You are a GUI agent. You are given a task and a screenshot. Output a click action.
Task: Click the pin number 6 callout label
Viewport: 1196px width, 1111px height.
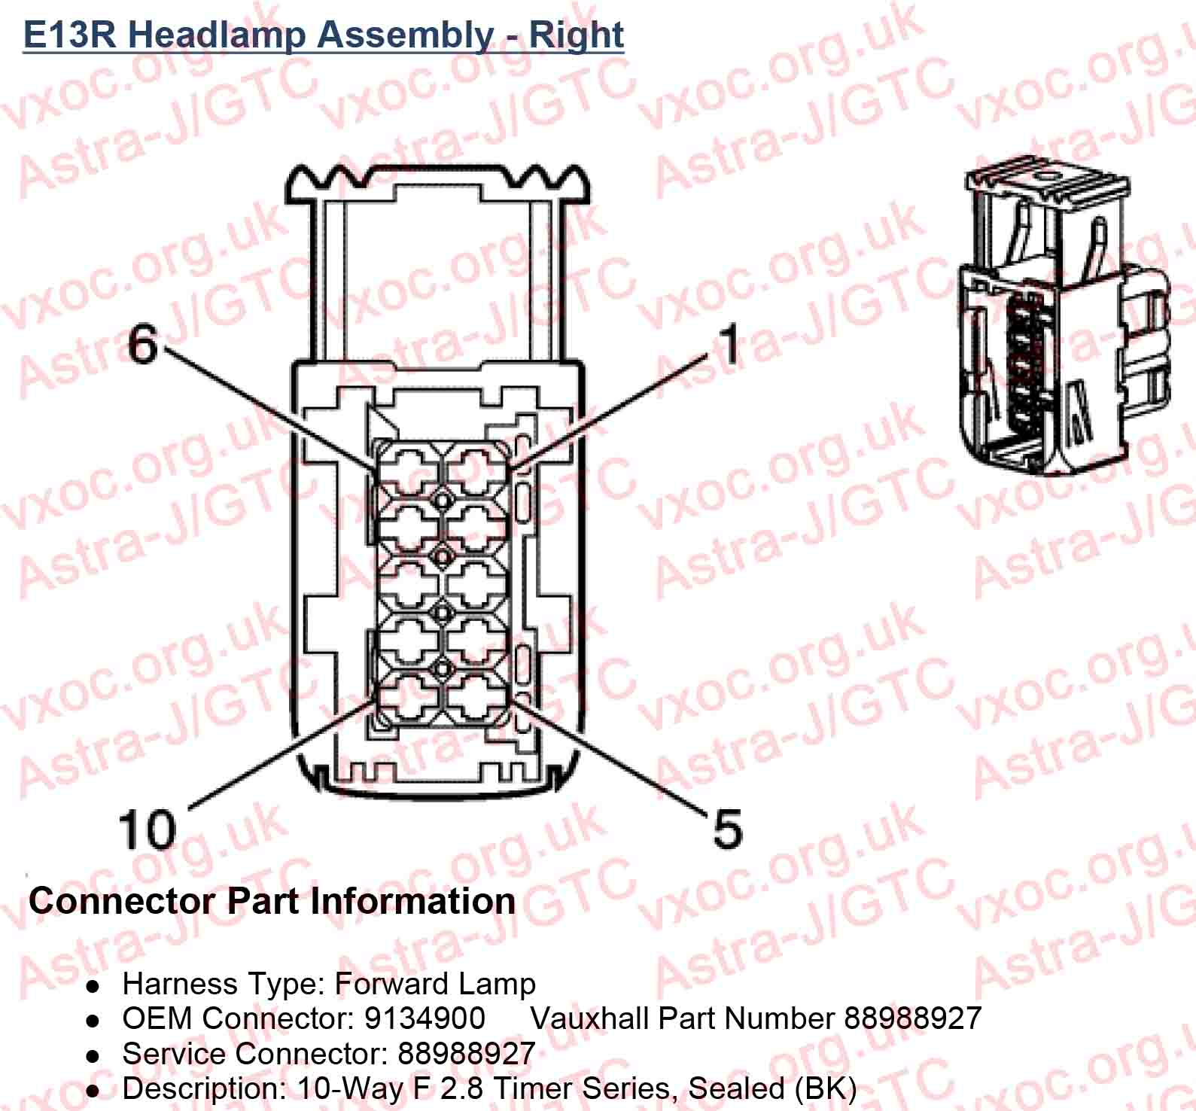(143, 344)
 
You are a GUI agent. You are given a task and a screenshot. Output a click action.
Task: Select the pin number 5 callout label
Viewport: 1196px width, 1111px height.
(727, 827)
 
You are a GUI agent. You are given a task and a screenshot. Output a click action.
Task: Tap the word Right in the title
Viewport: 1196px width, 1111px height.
(577, 35)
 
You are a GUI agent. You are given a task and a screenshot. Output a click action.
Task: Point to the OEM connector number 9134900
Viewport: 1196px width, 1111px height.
(425, 1018)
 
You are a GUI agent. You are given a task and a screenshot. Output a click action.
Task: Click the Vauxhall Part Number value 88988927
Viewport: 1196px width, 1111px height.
(912, 1018)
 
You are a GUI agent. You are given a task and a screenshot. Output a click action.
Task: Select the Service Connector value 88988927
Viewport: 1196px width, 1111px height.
(466, 1053)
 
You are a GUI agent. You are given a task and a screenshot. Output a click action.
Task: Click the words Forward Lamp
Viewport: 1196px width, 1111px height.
(434, 983)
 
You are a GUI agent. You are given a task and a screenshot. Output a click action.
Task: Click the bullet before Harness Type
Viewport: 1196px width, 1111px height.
(93, 985)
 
